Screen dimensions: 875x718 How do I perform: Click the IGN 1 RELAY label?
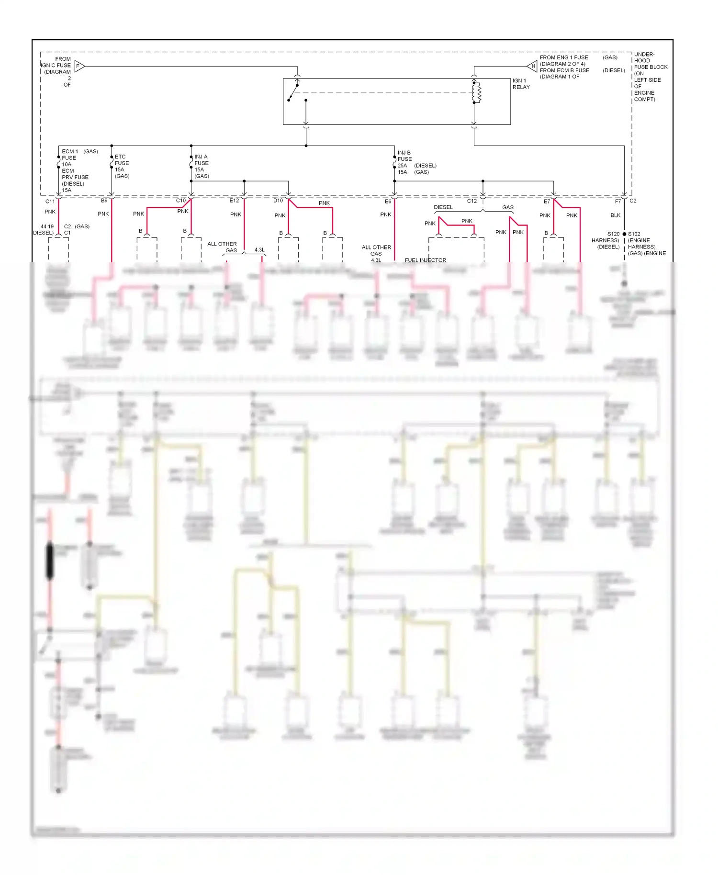pos(521,84)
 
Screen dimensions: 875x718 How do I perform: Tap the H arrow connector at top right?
pos(532,66)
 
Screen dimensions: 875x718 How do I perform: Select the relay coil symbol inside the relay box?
pos(476,93)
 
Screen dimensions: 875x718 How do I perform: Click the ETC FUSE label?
pos(122,160)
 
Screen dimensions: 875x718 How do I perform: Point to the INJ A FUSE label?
pos(201,160)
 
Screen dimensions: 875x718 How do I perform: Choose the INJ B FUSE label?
pos(404,156)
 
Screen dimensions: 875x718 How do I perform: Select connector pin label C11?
pos(50,202)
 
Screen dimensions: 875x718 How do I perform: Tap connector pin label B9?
pos(104,201)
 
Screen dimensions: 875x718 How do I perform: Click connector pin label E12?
pos(234,201)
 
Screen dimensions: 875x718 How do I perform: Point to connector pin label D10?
pos(278,201)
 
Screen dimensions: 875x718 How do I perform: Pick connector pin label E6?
pos(388,202)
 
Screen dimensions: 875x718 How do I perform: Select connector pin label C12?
pos(471,201)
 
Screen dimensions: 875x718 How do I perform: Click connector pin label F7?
pos(617,202)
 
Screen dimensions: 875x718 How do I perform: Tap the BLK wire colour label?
pos(615,215)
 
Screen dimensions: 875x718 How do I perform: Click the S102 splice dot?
pos(624,234)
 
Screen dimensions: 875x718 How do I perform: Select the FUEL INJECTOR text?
pos(425,260)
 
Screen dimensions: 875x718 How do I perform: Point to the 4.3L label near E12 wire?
pos(259,250)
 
